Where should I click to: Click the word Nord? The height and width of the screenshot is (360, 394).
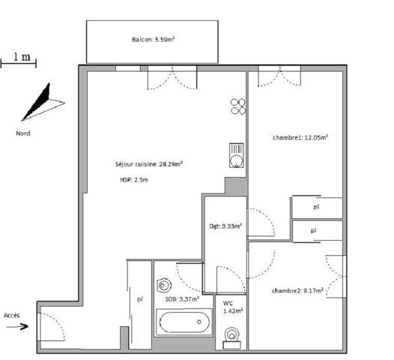[x=24, y=133]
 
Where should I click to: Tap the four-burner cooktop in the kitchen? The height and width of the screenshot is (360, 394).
[x=238, y=106]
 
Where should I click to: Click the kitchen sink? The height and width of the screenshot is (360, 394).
[x=236, y=156]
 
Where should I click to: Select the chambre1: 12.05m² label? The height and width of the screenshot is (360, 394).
[x=301, y=137]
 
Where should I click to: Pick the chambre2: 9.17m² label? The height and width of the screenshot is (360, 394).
[x=297, y=290]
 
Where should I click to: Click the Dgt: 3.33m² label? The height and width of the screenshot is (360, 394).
[x=225, y=226]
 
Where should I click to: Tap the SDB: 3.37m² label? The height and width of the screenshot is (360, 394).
[x=183, y=298]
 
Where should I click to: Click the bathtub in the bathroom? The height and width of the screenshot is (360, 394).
[x=184, y=324]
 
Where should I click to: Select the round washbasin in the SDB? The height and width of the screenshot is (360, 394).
[x=164, y=286]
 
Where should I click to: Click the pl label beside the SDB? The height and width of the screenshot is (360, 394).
[x=139, y=298]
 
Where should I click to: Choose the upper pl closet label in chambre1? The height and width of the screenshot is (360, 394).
[x=315, y=206]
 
